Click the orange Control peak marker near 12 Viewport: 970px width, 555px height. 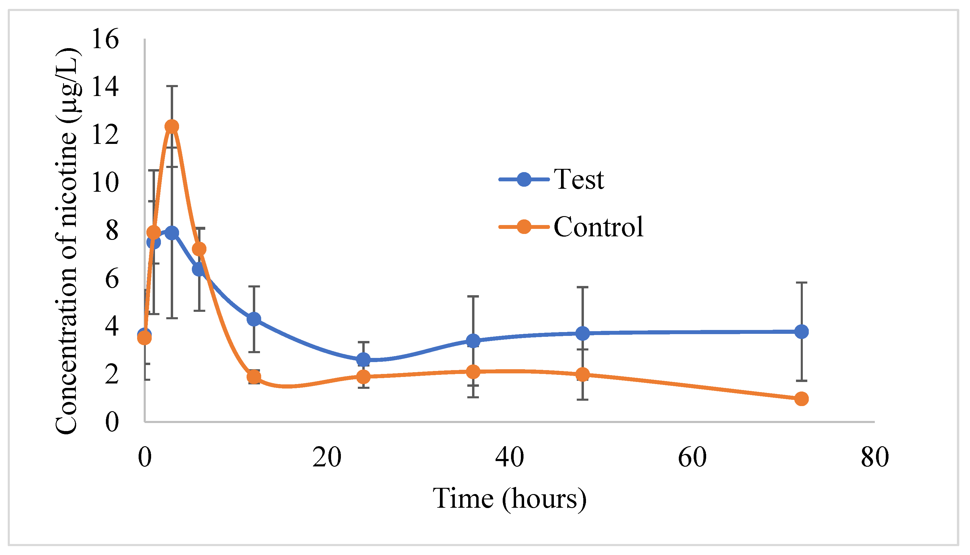pos(172,126)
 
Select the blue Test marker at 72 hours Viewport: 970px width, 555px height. pos(801,332)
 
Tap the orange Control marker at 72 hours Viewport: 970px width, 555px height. pos(801,399)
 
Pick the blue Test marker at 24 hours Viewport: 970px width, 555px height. pos(363,359)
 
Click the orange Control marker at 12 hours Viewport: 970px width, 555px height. pos(254,377)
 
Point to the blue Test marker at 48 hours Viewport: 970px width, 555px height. pos(582,334)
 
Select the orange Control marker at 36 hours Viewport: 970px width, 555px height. pos(473,372)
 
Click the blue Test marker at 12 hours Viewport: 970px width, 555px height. pos(254,319)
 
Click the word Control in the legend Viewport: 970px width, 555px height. pos(598,227)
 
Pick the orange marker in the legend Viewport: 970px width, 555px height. pos(524,227)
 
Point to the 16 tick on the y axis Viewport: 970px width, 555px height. pos(105,39)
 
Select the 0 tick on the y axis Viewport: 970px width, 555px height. pos(112,422)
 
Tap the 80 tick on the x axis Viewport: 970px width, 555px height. pos(875,457)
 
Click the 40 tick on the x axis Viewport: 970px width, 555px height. pos(509,457)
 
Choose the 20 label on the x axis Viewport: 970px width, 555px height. pos(327,457)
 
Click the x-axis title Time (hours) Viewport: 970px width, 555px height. pos(509,499)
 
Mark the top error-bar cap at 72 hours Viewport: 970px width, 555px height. pos(801,283)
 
